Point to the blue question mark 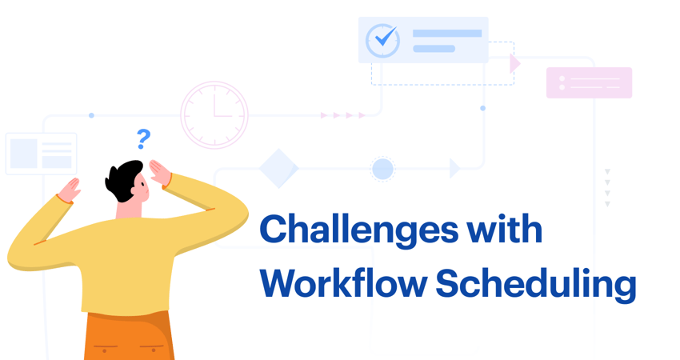143,139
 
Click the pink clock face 214,115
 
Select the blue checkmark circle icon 382,40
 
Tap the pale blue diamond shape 278,169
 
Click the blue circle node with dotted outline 382,169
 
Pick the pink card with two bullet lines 589,82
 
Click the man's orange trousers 128,336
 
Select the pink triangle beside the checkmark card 514,63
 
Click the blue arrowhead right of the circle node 454,168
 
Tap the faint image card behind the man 41,154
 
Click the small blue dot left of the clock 91,115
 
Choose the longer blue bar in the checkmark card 447,34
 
